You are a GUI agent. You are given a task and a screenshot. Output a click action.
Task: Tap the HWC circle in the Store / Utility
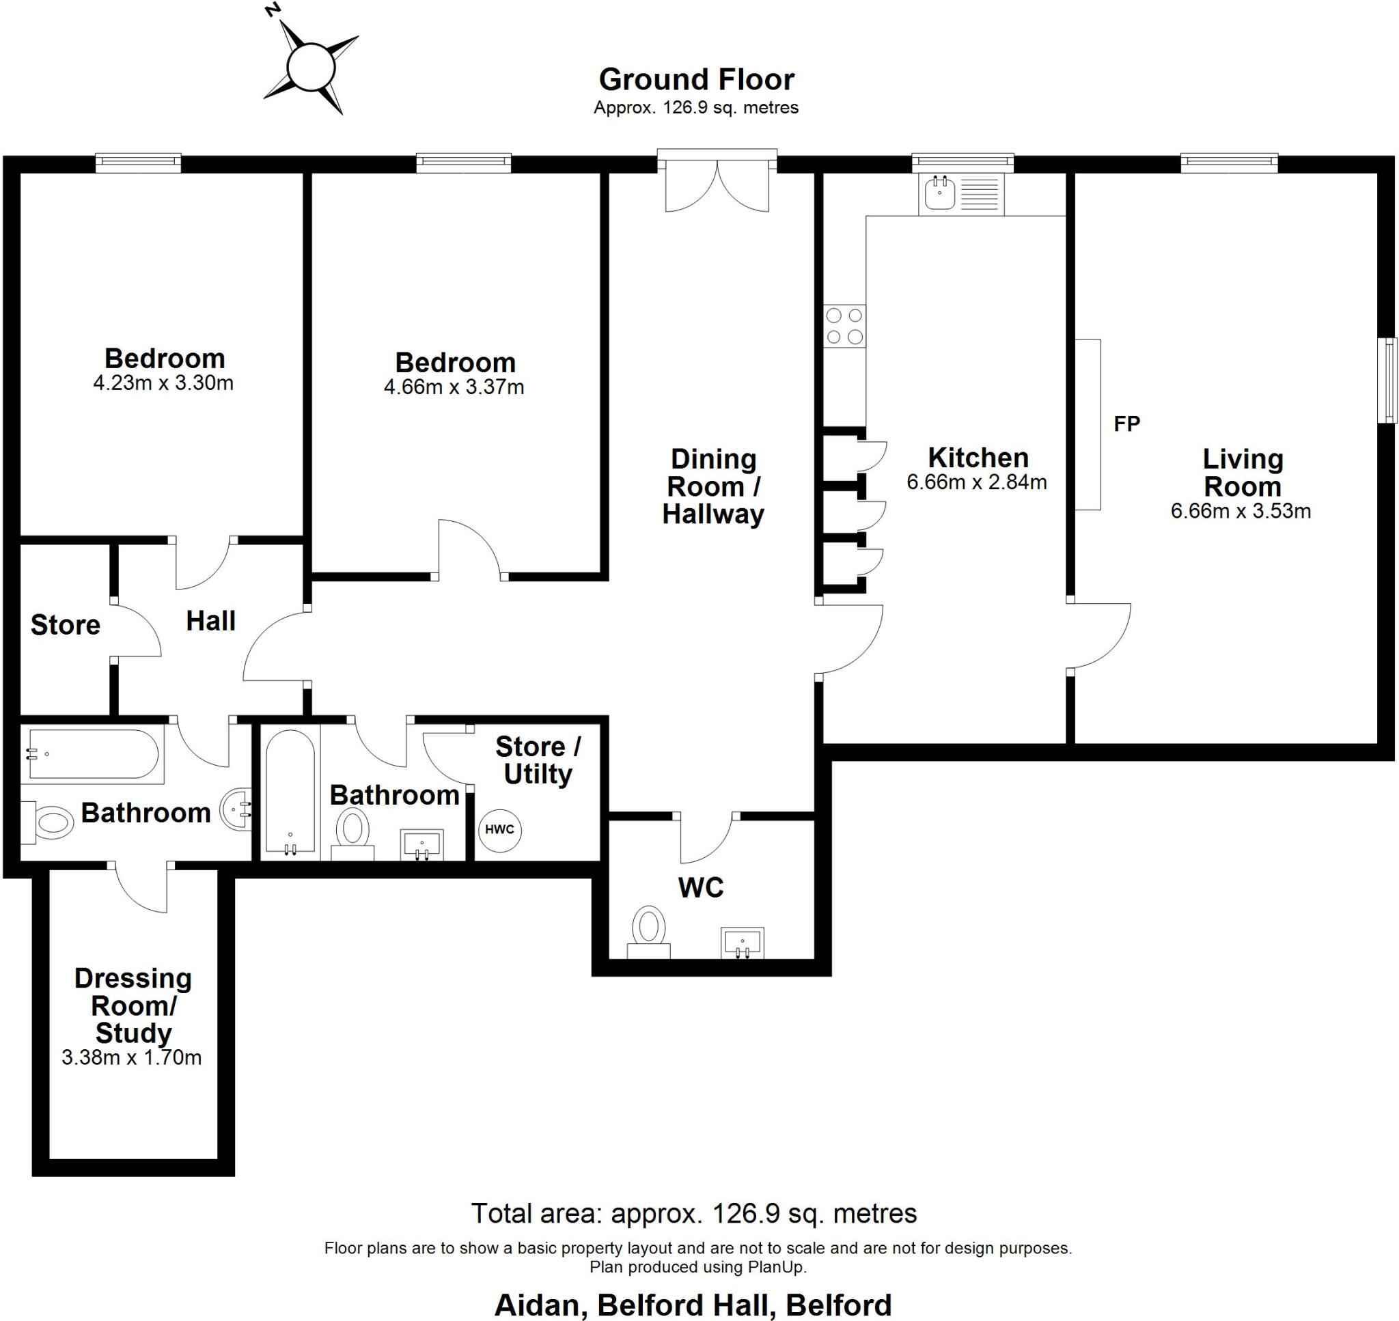coord(499,829)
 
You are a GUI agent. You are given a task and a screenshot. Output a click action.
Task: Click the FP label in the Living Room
coord(1126,423)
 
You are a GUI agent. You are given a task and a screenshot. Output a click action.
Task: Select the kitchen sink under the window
coord(940,193)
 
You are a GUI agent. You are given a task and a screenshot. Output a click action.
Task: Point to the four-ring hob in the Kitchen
coord(844,326)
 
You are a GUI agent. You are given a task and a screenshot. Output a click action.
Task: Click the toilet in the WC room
coord(648,928)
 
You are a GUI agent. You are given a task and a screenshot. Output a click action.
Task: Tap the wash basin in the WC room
coord(742,942)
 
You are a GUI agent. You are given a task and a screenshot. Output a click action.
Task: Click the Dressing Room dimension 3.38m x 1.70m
coord(132,1057)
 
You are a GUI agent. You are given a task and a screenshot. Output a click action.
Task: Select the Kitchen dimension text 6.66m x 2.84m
coord(977,482)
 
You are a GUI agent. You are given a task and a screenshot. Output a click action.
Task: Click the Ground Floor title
coord(696,79)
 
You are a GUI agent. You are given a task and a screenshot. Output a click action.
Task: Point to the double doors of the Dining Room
coord(717,186)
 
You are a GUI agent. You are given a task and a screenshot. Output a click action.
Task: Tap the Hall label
coord(210,621)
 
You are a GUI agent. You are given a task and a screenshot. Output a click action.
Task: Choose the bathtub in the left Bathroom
coord(92,755)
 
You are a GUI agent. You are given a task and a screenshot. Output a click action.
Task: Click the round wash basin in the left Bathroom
coord(236,809)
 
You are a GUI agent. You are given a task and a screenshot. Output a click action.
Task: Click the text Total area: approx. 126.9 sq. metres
coord(693,1213)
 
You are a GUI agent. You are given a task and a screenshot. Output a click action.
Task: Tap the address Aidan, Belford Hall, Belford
coord(693,1305)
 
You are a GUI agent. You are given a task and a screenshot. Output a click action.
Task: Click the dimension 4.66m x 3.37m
coord(454,387)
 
